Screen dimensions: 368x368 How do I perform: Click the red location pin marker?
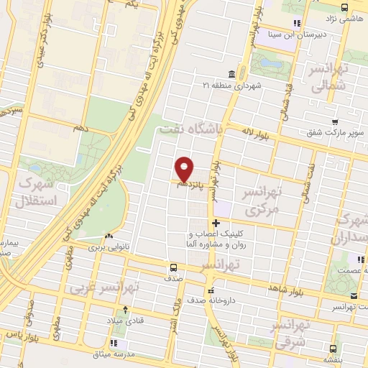(185, 168)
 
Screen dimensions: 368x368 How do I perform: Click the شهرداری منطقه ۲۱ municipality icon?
(229, 74)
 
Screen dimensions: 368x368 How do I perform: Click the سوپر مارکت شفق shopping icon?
(334, 122)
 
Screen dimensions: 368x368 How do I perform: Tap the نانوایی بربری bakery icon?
(109, 236)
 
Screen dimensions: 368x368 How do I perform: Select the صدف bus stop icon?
(172, 267)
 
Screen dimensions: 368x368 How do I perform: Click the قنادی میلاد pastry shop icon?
(127, 310)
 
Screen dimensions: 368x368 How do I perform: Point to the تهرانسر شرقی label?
(290, 335)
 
